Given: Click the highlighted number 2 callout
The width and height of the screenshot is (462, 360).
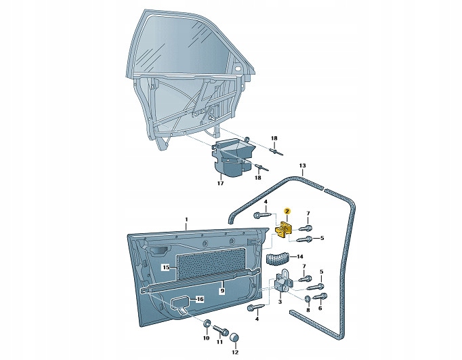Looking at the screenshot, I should coord(287,212).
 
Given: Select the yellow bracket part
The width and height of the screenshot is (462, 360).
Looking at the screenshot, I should coord(285,231).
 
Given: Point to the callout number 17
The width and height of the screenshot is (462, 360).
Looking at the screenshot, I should coord(220,183).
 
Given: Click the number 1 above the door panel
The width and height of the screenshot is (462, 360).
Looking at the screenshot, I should coord(186,220).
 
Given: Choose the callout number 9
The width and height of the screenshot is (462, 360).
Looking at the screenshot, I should coord(221,290).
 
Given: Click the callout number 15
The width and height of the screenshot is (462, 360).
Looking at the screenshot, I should coord(165,268).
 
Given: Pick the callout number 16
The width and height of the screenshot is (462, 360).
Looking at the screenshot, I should coord(201,299).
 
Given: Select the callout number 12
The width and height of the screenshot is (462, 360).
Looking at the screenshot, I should coord(235,352).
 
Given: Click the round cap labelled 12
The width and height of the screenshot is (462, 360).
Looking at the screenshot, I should coord(235,338).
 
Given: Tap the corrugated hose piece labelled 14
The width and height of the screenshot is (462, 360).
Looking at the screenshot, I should coord(278,258).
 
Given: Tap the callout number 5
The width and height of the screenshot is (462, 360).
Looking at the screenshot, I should coord(322,238).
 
